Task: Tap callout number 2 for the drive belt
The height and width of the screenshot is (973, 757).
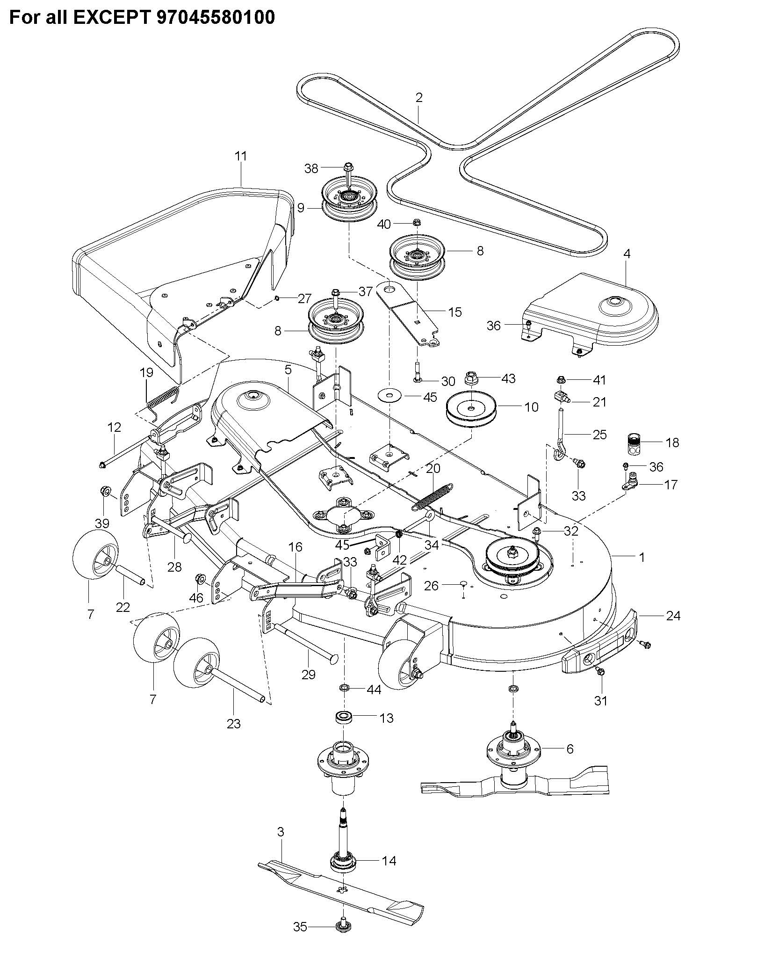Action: [418, 97]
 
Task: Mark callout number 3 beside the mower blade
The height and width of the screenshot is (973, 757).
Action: [281, 832]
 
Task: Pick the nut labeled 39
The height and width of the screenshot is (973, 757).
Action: [105, 492]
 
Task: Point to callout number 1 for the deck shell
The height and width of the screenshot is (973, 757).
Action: [642, 557]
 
